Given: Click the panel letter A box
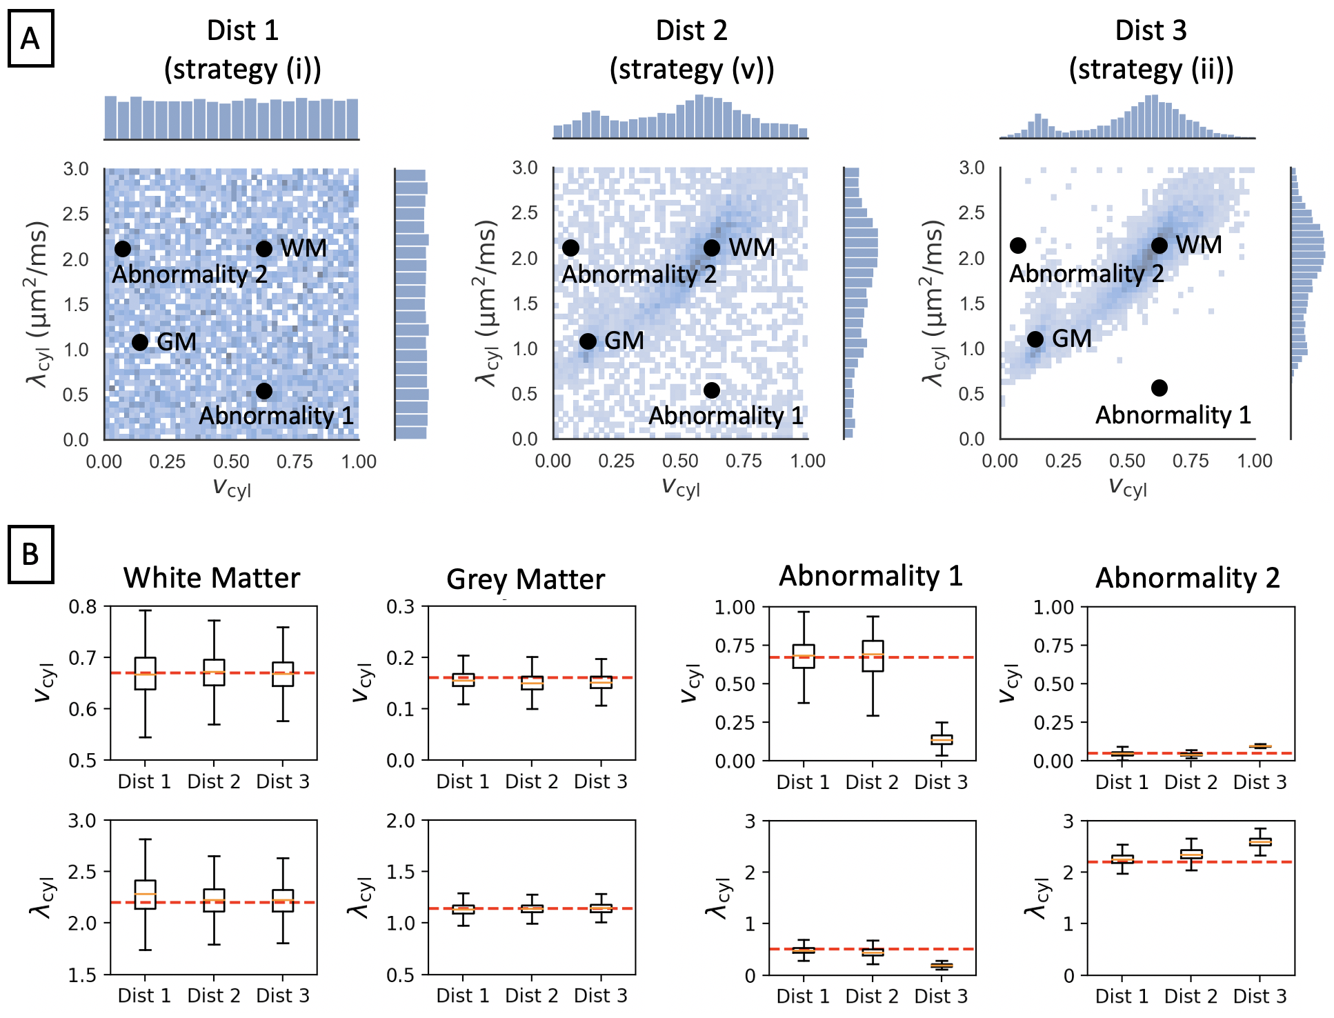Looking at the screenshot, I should [30, 39].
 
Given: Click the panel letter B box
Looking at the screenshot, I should [30, 555].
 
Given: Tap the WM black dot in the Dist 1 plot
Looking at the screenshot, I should [264, 249].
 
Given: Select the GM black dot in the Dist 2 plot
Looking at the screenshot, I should [588, 341].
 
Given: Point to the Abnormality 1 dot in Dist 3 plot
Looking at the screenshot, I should [1159, 388].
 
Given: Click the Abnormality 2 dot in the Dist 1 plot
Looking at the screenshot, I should [123, 249].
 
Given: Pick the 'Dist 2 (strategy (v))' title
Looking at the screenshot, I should [692, 50].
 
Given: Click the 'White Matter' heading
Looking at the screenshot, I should [212, 578].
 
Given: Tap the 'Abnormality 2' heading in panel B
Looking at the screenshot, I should [1187, 578].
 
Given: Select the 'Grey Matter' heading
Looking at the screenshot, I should [526, 579].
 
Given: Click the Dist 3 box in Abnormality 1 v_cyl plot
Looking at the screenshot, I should [942, 739].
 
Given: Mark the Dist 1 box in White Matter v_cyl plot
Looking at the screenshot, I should [145, 673].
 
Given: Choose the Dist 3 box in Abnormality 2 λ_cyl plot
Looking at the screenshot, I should [1260, 842].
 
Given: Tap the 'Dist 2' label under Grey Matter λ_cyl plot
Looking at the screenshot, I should [531, 995].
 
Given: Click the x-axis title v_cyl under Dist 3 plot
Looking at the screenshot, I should [1128, 487].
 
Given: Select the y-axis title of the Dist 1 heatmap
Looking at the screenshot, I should [38, 303].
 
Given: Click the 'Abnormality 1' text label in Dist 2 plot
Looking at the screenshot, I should [726, 416].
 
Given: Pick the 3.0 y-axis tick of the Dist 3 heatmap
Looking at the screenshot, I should [971, 168].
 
